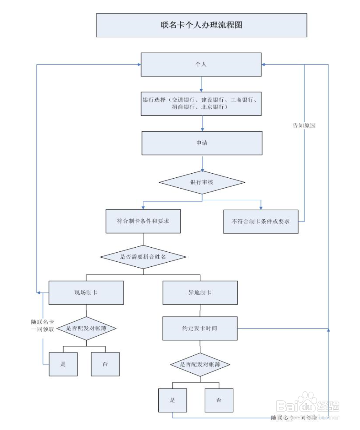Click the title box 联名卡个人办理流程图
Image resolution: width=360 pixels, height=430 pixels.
tap(201, 25)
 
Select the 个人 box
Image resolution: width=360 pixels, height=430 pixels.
tap(201, 64)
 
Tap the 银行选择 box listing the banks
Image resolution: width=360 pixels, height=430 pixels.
tap(201, 103)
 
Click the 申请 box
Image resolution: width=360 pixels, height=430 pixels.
tap(202, 143)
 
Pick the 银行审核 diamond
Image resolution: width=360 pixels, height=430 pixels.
tap(202, 182)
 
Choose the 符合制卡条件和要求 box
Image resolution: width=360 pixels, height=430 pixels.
tap(143, 221)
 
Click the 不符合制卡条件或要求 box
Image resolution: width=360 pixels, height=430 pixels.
tap(261, 222)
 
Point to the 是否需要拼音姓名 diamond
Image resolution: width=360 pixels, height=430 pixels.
tap(143, 257)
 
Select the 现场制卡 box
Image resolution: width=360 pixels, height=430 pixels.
tap(86, 293)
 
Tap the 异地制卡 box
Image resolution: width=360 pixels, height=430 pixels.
tap(200, 293)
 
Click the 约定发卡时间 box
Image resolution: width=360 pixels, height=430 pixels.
tap(200, 328)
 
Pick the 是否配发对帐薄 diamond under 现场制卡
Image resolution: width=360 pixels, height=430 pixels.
tap(86, 328)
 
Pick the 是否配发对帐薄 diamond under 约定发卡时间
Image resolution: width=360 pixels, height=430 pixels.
tap(200, 364)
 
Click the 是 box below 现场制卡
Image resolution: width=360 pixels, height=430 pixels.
tap(63, 364)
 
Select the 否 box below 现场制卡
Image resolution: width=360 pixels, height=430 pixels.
tap(105, 364)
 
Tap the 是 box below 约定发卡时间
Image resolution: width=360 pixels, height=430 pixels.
tap(172, 400)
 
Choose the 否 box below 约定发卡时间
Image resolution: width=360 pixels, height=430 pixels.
tap(219, 400)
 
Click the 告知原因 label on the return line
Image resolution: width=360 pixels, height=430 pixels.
tap(304, 125)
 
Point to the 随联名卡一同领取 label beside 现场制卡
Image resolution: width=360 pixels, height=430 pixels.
tap(43, 326)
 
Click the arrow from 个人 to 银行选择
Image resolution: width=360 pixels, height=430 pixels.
tap(201, 84)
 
